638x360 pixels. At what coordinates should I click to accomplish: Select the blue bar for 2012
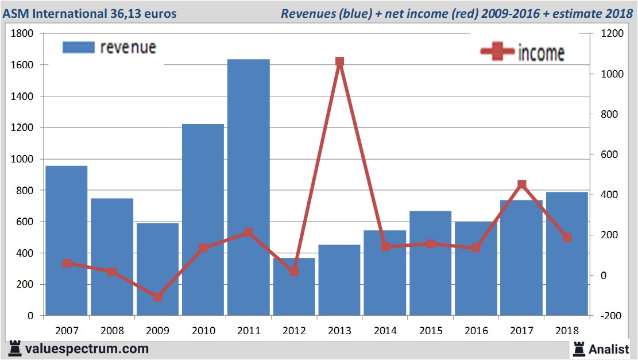click(x=294, y=287)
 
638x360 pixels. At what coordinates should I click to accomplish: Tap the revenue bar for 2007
click(x=67, y=241)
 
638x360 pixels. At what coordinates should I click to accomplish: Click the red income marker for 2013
click(x=339, y=62)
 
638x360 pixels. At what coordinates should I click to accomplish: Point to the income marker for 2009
click(x=157, y=297)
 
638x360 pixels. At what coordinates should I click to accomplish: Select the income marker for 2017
click(x=521, y=184)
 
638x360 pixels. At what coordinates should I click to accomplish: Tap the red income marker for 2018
click(x=567, y=237)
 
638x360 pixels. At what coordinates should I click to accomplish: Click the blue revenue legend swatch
click(x=78, y=47)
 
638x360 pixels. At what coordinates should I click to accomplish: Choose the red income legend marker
click(x=497, y=52)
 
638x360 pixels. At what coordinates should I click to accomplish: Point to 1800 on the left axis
click(x=23, y=34)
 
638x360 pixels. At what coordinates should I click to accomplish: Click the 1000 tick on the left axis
click(x=23, y=160)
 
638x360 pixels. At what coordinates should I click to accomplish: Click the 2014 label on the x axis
click(x=385, y=331)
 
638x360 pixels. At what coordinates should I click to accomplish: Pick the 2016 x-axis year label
click(x=476, y=331)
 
